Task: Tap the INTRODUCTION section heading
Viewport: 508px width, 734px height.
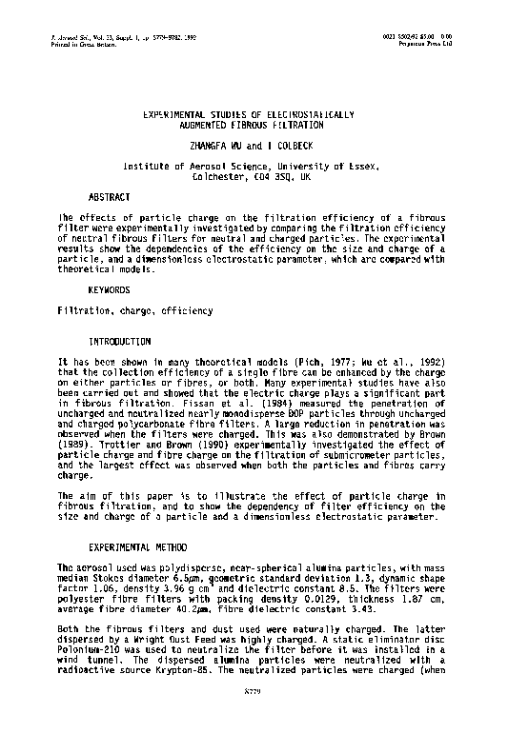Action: pyautogui.click(x=118, y=340)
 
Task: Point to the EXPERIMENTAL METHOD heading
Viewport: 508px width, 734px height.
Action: pyautogui.click(x=133, y=549)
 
